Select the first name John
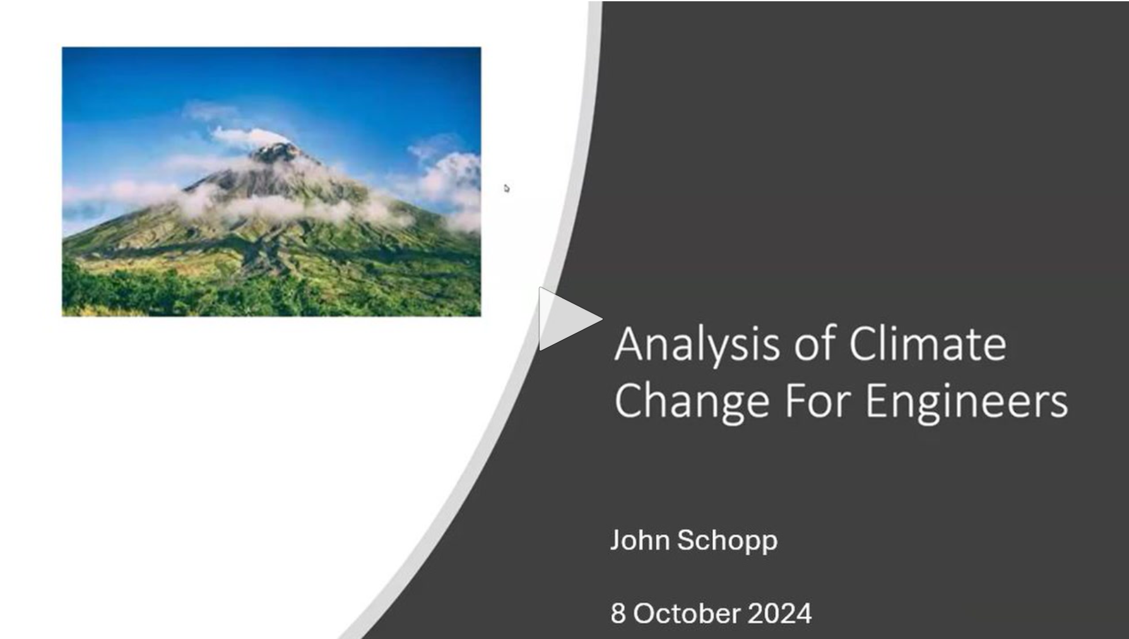point(640,540)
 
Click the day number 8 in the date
point(618,613)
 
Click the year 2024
point(779,613)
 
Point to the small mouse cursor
point(506,188)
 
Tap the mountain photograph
point(271,181)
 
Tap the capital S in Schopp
point(687,540)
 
